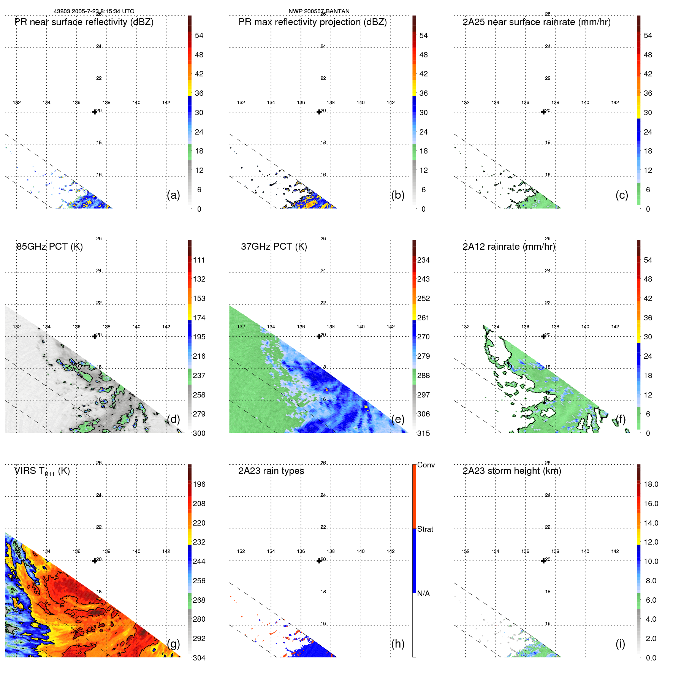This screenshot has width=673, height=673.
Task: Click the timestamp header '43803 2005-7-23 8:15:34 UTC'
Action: [x=93, y=11]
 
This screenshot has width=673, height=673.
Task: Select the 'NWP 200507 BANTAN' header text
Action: [x=319, y=11]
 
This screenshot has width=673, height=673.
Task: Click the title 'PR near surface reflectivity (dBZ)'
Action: [x=84, y=22]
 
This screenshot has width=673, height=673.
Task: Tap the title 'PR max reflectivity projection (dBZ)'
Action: [x=312, y=22]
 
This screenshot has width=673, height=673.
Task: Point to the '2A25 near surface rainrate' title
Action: [x=536, y=22]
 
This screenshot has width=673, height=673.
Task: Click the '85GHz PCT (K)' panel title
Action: [x=49, y=247]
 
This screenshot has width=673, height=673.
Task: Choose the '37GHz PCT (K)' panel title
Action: [x=274, y=247]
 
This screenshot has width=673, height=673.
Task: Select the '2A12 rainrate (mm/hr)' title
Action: [x=509, y=247]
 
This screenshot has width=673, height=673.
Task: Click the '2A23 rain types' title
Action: [x=271, y=471]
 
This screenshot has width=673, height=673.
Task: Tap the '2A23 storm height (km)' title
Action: [x=511, y=471]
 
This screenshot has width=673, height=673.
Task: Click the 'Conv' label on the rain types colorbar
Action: [x=426, y=465]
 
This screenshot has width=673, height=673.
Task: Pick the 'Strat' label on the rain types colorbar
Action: [x=425, y=529]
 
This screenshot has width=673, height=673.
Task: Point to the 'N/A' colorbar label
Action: [x=423, y=594]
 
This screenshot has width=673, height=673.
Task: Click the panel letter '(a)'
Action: [x=173, y=195]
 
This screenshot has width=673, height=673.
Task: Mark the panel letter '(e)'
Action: [x=397, y=419]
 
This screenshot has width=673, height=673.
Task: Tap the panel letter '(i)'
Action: [x=620, y=644]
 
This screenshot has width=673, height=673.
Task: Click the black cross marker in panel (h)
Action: [x=319, y=561]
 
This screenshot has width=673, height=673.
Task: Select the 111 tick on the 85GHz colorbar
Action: [x=199, y=260]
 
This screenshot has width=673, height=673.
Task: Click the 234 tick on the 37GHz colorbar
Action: [x=423, y=260]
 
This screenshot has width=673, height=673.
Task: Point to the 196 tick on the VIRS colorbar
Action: [x=199, y=484]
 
